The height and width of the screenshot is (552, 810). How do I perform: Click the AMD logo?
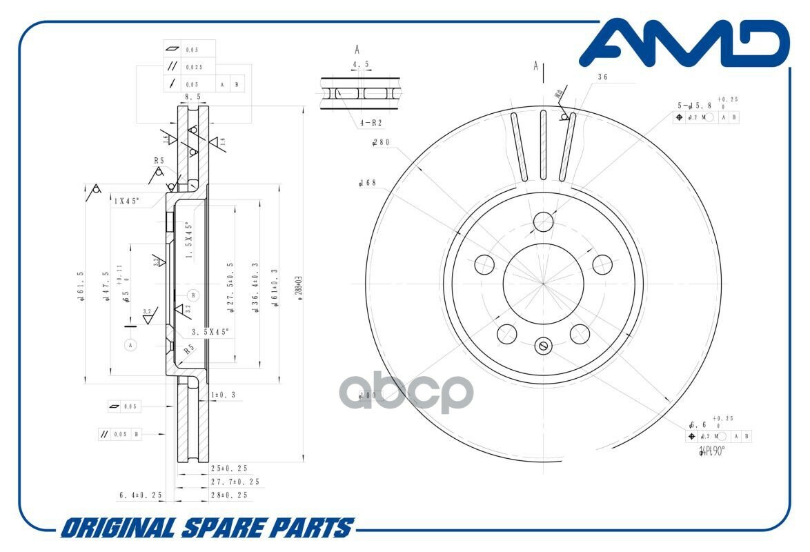click(x=684, y=44)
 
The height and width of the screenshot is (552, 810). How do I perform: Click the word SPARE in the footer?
click(x=224, y=529)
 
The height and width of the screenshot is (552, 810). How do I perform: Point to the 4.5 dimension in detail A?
click(x=360, y=65)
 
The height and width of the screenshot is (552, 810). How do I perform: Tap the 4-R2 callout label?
click(x=371, y=123)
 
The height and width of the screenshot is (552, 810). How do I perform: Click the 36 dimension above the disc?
click(x=602, y=77)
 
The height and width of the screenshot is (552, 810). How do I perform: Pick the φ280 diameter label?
click(x=381, y=143)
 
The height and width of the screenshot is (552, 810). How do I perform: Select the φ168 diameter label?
click(x=368, y=184)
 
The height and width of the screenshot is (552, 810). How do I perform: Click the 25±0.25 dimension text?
click(x=229, y=469)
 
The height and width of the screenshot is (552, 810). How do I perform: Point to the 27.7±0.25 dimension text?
click(x=235, y=482)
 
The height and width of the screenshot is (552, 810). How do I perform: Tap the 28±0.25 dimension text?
click(x=229, y=495)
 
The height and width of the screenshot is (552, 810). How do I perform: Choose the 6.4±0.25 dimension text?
click(x=140, y=495)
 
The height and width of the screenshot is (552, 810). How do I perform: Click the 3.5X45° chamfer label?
click(x=210, y=332)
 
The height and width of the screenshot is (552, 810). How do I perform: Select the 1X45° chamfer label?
click(x=127, y=201)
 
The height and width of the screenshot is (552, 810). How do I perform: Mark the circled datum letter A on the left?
click(x=130, y=344)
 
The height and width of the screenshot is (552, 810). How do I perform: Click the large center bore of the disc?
click(x=543, y=282)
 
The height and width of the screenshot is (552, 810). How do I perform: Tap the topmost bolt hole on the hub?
click(x=543, y=221)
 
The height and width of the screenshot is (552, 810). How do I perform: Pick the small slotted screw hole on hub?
click(x=543, y=346)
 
